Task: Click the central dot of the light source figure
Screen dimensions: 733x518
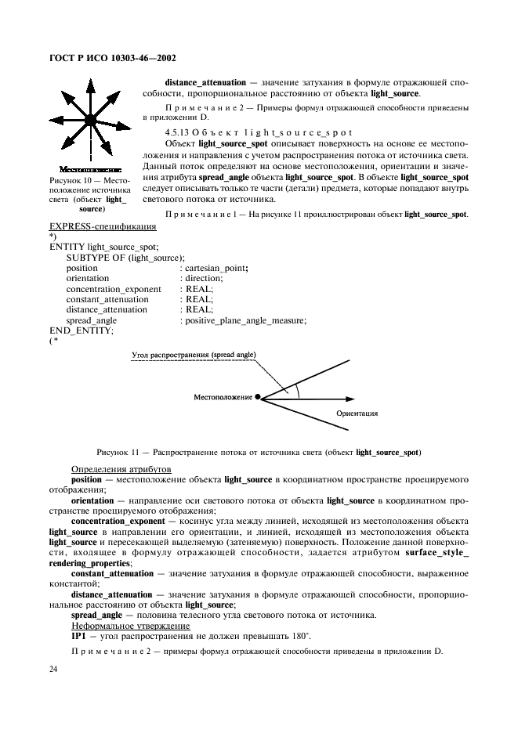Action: pos(90,120)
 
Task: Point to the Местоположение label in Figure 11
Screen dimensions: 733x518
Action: pos(223,398)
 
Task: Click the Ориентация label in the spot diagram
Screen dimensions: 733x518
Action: pos(357,413)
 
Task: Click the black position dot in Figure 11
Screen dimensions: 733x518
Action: pos(258,398)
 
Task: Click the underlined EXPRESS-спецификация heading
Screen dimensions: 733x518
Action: pos(102,227)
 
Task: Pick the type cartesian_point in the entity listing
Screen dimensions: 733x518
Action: pos(217,269)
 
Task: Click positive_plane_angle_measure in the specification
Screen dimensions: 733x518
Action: pos(245,320)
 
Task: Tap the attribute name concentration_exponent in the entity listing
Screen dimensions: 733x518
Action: pos(114,289)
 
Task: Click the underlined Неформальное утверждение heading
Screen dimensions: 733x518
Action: pos(130,626)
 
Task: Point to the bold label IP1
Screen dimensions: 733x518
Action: pos(79,636)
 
